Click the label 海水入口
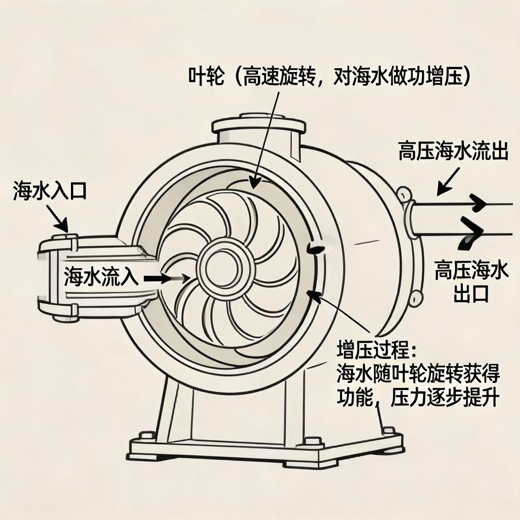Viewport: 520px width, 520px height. point(50,192)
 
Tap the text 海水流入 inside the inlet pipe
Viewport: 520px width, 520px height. point(101,278)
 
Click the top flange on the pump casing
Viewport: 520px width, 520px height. point(258,123)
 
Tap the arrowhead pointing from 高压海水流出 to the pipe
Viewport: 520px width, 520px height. point(441,191)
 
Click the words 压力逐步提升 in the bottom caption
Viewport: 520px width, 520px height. point(444,398)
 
